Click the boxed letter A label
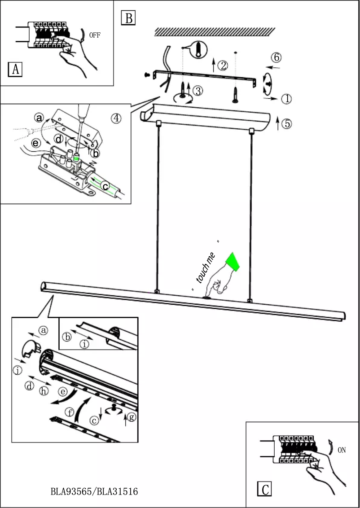(x=15, y=70)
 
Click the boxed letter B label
(x=128, y=18)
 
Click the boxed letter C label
(x=265, y=489)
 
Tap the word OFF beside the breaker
(x=95, y=35)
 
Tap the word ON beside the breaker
(x=342, y=451)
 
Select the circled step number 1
(x=286, y=98)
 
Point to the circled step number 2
(x=223, y=66)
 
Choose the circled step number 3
(x=198, y=91)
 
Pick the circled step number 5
(x=286, y=123)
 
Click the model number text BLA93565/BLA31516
(x=94, y=492)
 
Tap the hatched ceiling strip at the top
(x=215, y=31)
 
